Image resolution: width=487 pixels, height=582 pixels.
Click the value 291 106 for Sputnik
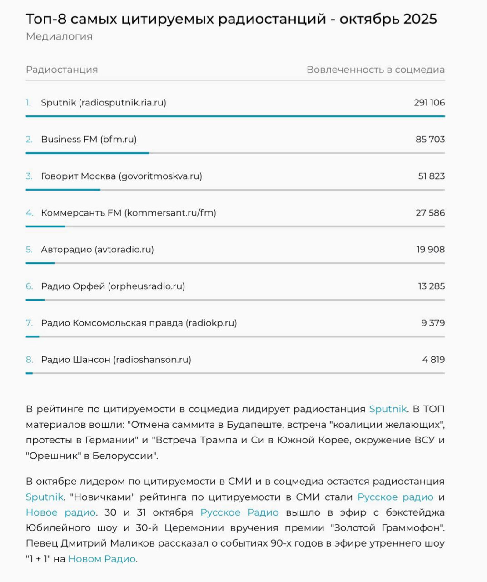tap(429, 103)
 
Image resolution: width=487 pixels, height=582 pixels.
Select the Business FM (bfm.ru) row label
tap(89, 140)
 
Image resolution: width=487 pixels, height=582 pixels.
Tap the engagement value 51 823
tap(431, 176)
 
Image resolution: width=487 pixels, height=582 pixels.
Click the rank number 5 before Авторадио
tap(29, 250)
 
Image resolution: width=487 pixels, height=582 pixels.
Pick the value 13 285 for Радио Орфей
tap(431, 286)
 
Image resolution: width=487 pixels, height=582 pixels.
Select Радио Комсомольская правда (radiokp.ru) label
tap(139, 323)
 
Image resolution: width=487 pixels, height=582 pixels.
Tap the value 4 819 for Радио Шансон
tap(433, 360)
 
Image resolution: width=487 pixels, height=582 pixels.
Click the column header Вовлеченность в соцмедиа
tap(375, 70)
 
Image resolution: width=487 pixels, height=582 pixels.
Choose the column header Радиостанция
tap(62, 70)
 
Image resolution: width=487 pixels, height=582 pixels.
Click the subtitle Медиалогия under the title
tap(59, 36)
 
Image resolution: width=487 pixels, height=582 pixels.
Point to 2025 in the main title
tap(420, 19)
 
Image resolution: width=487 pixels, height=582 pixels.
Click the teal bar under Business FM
tap(87, 153)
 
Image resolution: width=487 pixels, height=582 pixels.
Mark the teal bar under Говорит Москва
tap(63, 190)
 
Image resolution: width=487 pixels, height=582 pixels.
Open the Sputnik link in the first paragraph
tap(388, 409)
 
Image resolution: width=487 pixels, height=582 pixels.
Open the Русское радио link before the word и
tap(395, 497)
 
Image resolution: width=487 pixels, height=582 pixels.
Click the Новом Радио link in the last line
tap(102, 559)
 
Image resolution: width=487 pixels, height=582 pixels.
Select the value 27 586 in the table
tap(430, 213)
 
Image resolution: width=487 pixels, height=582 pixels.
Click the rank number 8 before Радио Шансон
tap(29, 360)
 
